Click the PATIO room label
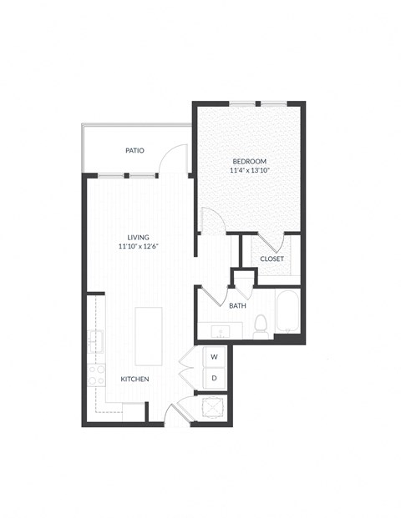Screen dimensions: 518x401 pos(135,151)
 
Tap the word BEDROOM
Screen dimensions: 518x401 pos(249,160)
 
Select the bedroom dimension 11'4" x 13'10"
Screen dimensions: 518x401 pos(249,170)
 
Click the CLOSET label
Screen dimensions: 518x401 pos(272,259)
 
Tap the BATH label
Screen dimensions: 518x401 pos(237,305)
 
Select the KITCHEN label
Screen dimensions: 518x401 pos(135,380)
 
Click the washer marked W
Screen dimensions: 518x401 pos(214,357)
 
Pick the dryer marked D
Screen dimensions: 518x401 pos(214,378)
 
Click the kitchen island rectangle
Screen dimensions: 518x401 pos(149,331)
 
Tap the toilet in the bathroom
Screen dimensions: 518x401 pos(260,325)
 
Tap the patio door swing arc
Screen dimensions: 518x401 pos(175,158)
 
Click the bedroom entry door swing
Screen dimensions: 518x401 pos(212,221)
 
